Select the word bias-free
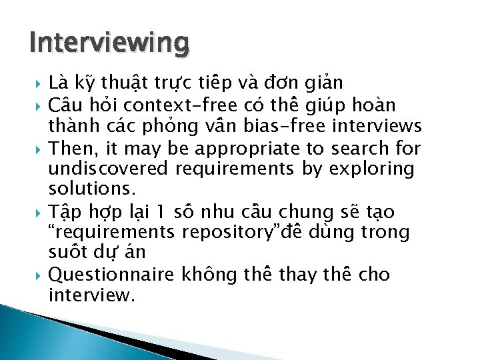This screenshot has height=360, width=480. click(x=304, y=126)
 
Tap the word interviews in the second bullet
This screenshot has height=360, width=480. click(x=383, y=126)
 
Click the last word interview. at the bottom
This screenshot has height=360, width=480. click(x=91, y=295)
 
